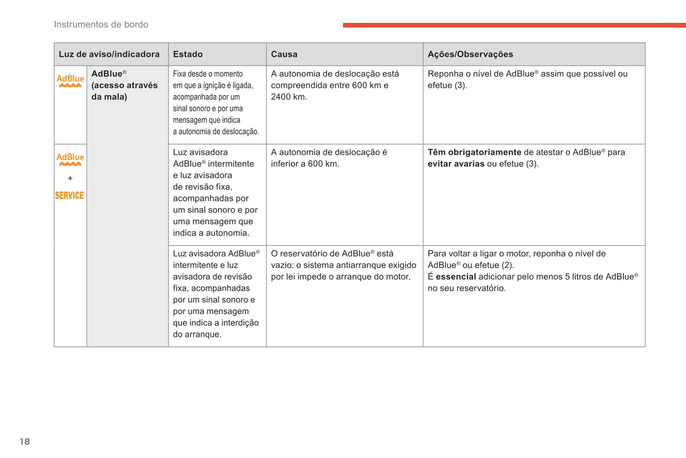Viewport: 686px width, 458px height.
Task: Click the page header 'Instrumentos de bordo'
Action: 101,25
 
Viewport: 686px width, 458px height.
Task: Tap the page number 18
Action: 25,442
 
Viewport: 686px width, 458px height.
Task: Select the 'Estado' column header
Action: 188,54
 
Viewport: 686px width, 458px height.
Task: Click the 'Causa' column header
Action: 284,54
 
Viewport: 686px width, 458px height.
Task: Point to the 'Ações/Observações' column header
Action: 470,54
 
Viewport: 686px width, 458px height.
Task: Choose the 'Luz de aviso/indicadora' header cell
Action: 109,54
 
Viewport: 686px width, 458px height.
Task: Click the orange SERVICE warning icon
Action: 69,195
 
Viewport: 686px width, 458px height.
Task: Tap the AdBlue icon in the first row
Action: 70,81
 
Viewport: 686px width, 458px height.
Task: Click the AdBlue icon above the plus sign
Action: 70,159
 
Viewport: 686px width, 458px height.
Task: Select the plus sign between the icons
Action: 70,178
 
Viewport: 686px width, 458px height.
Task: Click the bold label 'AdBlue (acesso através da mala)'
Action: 124,85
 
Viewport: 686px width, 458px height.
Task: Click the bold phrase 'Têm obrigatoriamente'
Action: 474,152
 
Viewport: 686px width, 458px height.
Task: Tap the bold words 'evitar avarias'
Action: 456,164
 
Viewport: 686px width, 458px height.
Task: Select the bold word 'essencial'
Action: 456,277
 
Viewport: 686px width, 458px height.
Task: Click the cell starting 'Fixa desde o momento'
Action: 216,103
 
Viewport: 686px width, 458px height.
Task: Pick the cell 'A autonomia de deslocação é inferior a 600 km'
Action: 329,158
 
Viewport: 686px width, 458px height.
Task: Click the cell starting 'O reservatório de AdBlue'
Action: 343,265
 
